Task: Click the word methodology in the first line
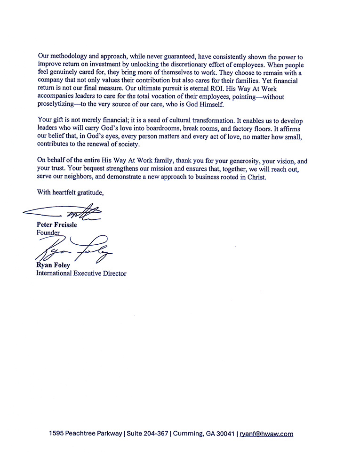(x=68, y=56)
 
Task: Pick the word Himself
(x=208, y=105)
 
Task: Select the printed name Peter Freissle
(x=56, y=225)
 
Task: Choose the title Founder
(x=48, y=233)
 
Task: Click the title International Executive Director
(x=81, y=273)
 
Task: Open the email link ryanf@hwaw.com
(x=266, y=434)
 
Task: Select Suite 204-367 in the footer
(x=147, y=434)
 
